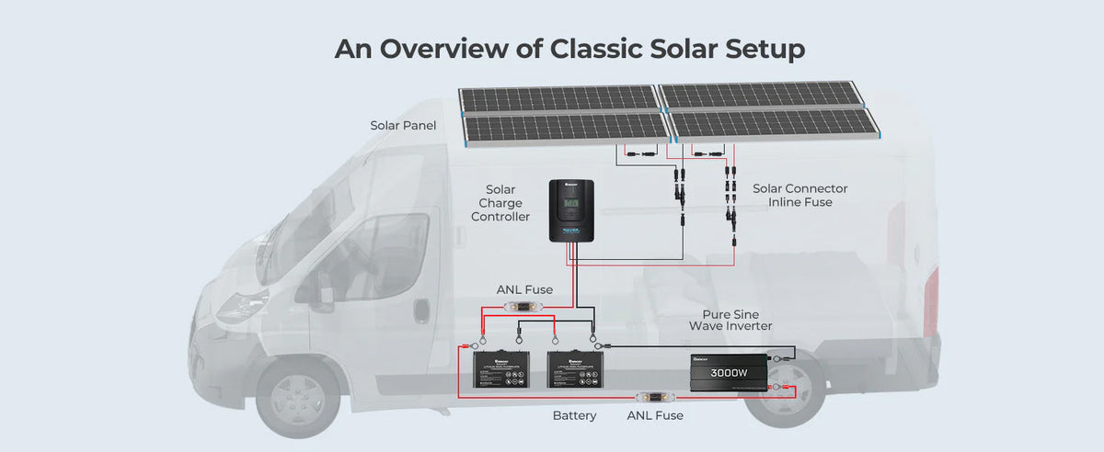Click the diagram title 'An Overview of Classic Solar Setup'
pos(569,49)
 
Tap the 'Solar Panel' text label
pos(403,125)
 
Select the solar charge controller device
pos(571,210)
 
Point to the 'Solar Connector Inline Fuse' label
pos(799,195)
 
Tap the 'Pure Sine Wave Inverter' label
pos(730,320)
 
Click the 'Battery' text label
pos(574,416)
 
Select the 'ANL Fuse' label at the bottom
pos(655,416)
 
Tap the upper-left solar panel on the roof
pos(557,97)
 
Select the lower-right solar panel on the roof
pos(774,124)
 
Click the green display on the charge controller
pos(571,202)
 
